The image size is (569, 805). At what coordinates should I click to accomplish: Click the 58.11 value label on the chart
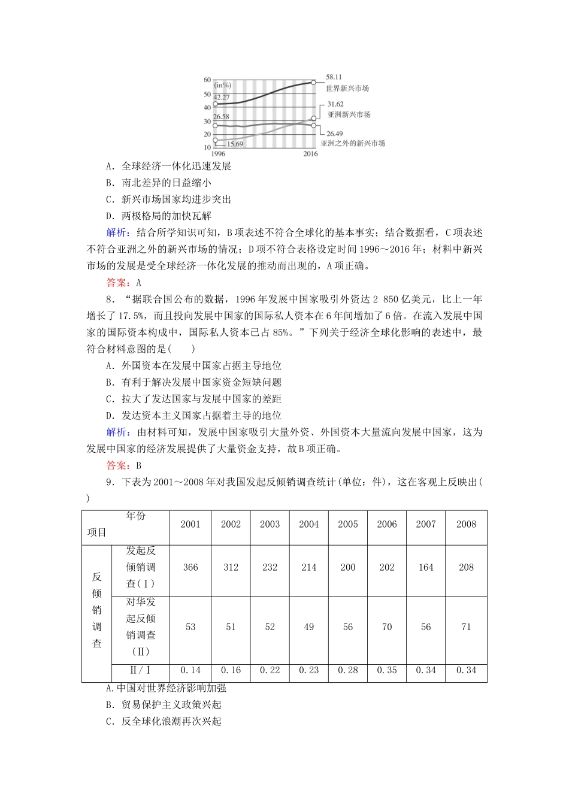pos(334,77)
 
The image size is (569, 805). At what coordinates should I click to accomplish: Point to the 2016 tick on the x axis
pos(310,154)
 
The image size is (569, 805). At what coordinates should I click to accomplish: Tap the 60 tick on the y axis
pos(207,80)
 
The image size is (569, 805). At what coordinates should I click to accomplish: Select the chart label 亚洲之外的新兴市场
pos(353,143)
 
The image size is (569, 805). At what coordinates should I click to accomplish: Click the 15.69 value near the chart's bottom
pos(234,144)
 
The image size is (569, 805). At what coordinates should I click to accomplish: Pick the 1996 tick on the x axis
pos(218,154)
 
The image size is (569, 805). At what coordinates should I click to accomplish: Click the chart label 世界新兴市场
pos(347,88)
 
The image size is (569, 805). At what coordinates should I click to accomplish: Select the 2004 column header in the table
pos(308,524)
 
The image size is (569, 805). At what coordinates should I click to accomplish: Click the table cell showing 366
pos(190,567)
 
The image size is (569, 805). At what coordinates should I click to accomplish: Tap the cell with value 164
pos(426,567)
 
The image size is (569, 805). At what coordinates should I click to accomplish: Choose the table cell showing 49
pos(308,627)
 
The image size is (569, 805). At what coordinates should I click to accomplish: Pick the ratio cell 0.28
pos(347,670)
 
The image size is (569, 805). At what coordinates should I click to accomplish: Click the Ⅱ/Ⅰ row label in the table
pos(141,670)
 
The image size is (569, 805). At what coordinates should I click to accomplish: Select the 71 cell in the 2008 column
pos(466,627)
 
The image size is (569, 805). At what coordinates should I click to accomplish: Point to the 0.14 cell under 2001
pos(190,670)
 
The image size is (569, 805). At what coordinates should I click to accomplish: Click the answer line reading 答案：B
pos(123,465)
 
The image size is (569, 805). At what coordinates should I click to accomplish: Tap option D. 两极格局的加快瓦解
pos(159,216)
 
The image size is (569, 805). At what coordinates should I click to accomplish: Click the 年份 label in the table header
pos(136,516)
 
